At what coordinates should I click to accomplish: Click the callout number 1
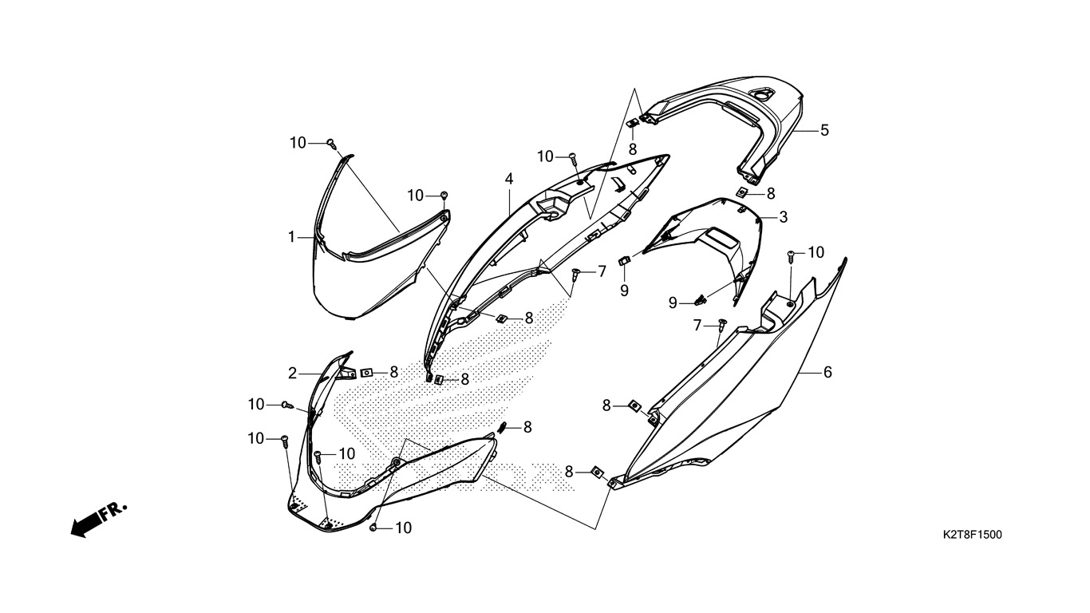tap(291, 237)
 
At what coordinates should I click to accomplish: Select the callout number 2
tap(292, 374)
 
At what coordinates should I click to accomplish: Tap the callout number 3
tap(783, 217)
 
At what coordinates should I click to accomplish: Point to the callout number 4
tap(509, 179)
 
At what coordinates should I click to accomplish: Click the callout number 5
tap(824, 130)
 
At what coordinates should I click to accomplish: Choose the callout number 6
tap(827, 372)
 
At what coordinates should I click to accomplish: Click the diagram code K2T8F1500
tap(972, 535)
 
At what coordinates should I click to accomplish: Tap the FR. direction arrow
tap(99, 520)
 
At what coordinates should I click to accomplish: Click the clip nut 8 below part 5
tap(744, 192)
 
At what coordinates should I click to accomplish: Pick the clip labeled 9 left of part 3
tap(624, 260)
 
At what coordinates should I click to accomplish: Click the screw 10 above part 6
tap(791, 255)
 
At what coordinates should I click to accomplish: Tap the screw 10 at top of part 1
tap(332, 143)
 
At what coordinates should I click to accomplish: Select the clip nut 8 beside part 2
tap(366, 373)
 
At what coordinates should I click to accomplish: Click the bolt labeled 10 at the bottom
tap(373, 528)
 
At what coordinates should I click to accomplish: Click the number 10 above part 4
tap(546, 156)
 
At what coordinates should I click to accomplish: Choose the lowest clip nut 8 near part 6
tap(597, 472)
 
